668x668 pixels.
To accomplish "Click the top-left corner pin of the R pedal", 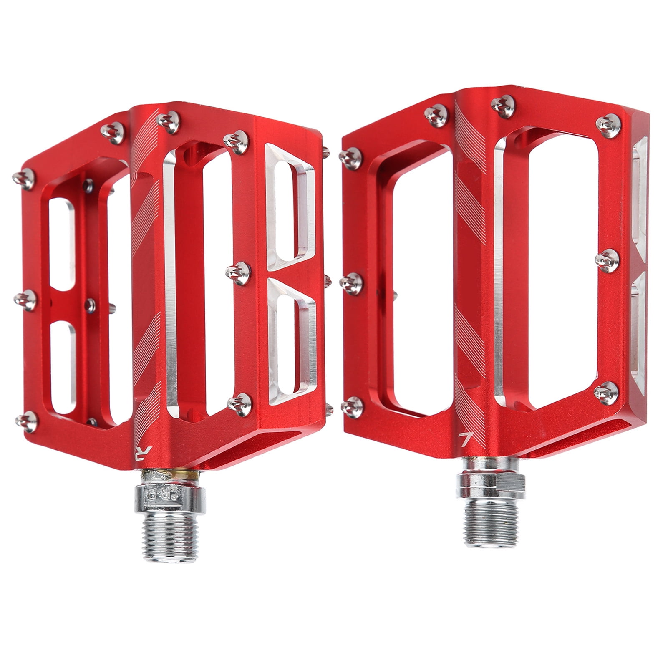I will [24, 179].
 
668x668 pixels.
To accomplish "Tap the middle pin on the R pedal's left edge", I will [26, 300].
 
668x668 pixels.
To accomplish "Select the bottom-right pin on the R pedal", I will [240, 404].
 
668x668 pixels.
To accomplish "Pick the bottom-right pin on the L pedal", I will [606, 392].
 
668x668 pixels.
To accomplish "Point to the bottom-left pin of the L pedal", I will [353, 407].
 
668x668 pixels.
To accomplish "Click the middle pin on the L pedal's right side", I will [607, 260].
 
